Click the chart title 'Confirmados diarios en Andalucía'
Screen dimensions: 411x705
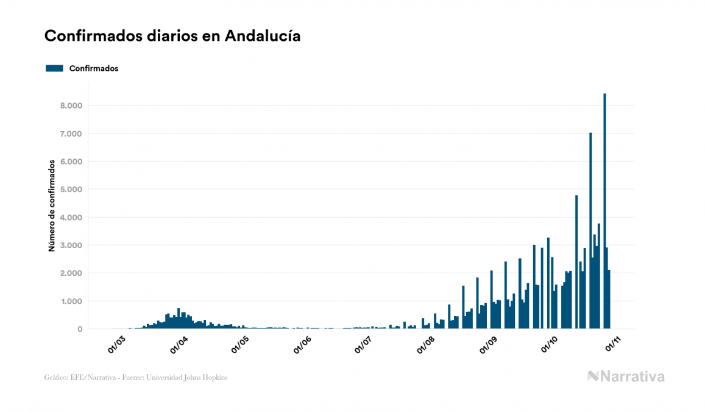pos(172,36)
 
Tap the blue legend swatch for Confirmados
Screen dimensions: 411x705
pos(54,68)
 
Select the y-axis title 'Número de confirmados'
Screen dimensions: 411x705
pos(52,205)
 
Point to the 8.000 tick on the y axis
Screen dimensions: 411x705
pos(71,105)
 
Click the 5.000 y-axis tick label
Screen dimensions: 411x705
pos(71,190)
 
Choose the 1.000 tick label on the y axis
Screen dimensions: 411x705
pos(71,301)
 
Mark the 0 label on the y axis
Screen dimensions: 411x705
pos(80,329)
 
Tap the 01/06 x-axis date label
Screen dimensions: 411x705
pos(302,345)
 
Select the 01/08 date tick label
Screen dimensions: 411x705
pos(427,345)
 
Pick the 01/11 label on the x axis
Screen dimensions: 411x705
pos(612,345)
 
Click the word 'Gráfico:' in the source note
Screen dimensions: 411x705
pos(56,377)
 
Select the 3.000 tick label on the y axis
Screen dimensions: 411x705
pos(71,245)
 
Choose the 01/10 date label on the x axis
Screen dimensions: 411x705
pos(550,345)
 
